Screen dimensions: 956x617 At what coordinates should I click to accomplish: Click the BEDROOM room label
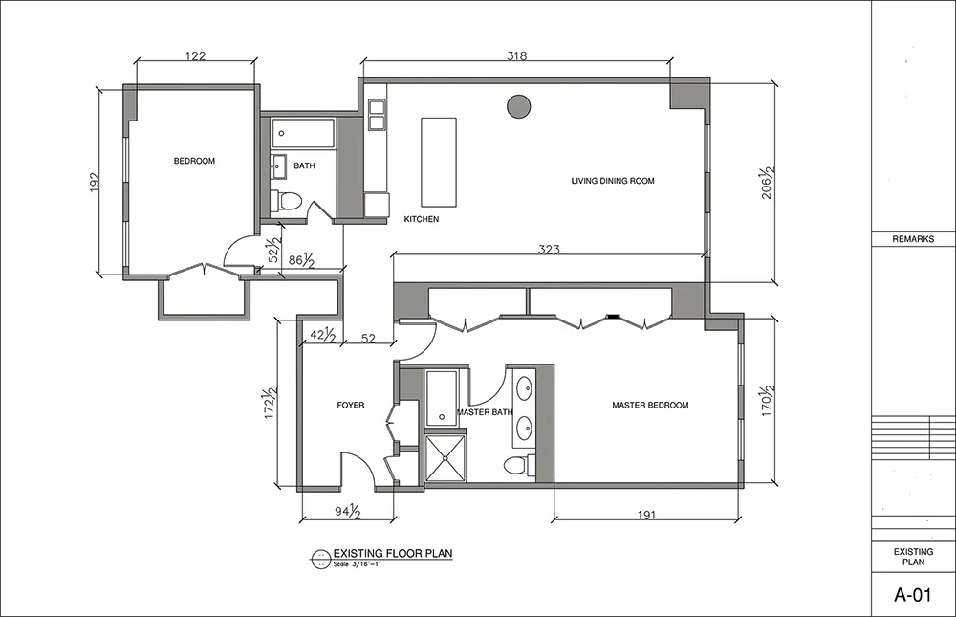coord(194,161)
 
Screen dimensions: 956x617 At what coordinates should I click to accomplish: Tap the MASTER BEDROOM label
coord(650,405)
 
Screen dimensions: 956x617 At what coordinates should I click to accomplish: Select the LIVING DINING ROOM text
coord(613,181)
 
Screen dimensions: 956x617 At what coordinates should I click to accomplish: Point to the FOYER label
coord(351,405)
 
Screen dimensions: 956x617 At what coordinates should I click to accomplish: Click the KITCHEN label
coord(422,219)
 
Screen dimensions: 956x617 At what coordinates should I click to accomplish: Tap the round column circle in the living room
coord(518,106)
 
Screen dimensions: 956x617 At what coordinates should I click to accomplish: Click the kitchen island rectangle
coord(439,163)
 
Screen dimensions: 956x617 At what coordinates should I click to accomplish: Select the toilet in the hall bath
coord(286,200)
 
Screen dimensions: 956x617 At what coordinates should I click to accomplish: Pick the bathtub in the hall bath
coord(303,133)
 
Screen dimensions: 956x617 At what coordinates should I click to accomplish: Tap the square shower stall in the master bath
coord(445,457)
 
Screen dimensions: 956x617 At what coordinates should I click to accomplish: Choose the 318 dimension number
coord(517,56)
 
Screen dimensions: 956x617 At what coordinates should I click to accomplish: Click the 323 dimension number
coord(550,249)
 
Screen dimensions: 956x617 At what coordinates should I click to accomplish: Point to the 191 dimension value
coord(646,515)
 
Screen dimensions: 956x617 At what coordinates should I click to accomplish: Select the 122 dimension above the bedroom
coord(195,56)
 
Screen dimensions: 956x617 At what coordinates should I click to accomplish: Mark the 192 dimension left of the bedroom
coord(94,183)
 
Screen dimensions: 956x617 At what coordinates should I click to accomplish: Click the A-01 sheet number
coord(913,594)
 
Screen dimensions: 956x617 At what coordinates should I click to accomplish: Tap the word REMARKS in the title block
coord(913,239)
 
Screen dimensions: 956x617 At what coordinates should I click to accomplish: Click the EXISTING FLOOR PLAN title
coord(393,554)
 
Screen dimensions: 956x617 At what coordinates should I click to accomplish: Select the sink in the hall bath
coord(279,167)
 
